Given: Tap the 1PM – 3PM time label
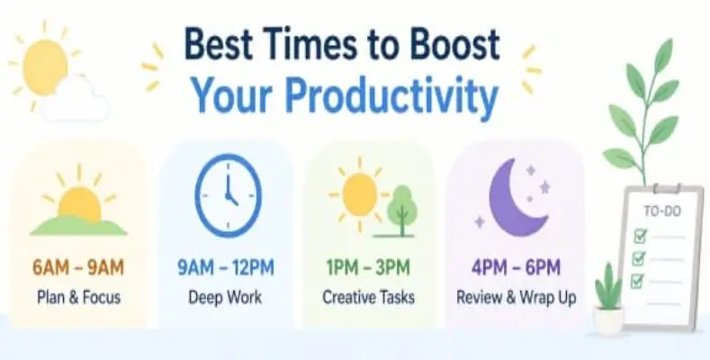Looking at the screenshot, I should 369,267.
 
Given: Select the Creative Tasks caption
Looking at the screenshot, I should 369,296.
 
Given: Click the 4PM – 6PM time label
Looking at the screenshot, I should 515,267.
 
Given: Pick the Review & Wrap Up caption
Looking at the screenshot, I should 515,296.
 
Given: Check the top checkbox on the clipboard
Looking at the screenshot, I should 641,237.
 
